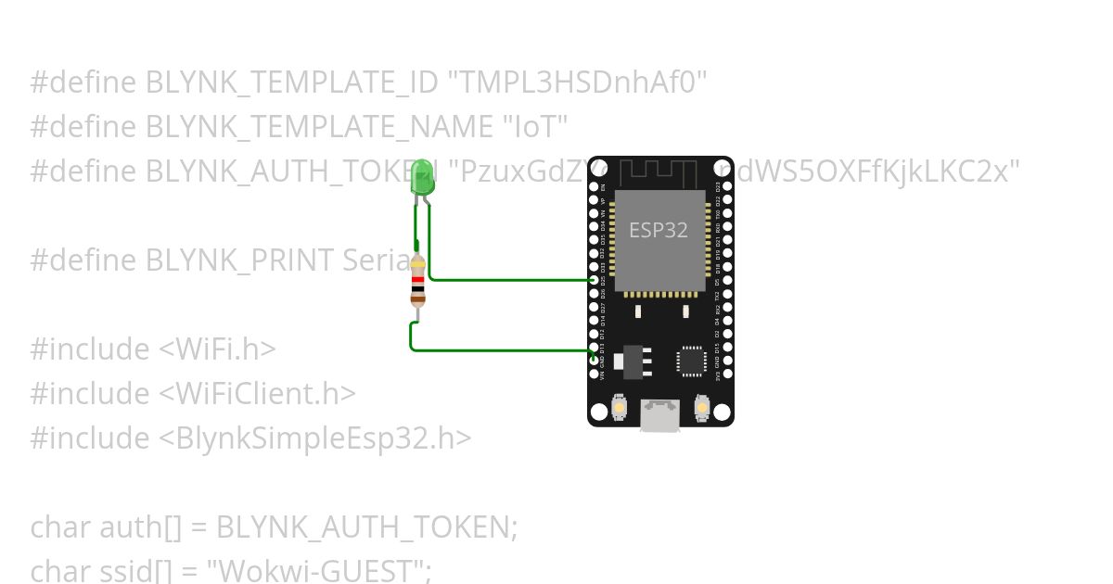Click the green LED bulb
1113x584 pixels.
[x=423, y=175]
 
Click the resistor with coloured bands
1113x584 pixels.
[x=417, y=281]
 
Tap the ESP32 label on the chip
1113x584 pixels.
[x=659, y=230]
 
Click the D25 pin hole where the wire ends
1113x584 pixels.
[x=595, y=279]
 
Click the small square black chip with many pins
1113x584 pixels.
[x=691, y=361]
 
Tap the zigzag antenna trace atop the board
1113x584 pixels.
[x=659, y=172]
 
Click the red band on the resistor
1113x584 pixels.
[x=417, y=280]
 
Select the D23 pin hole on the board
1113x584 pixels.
[x=726, y=185]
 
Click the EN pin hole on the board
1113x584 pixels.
[x=595, y=185]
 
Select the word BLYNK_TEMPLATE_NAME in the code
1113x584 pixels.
[x=320, y=127]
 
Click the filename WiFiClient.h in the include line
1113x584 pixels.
[x=257, y=394]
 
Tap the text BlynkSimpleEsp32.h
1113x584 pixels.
[x=314, y=438]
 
